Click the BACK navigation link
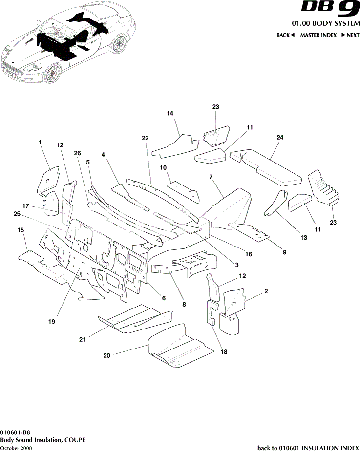click(285, 35)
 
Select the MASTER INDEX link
click(318, 35)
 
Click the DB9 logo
click(330, 9)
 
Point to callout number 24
click(280, 138)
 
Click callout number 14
click(170, 113)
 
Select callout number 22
click(145, 139)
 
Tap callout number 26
click(77, 153)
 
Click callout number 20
click(107, 356)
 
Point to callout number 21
click(82, 339)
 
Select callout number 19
click(52, 322)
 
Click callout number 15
click(21, 230)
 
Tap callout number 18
click(223, 351)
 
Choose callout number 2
click(266, 291)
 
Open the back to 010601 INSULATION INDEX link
click(308, 448)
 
